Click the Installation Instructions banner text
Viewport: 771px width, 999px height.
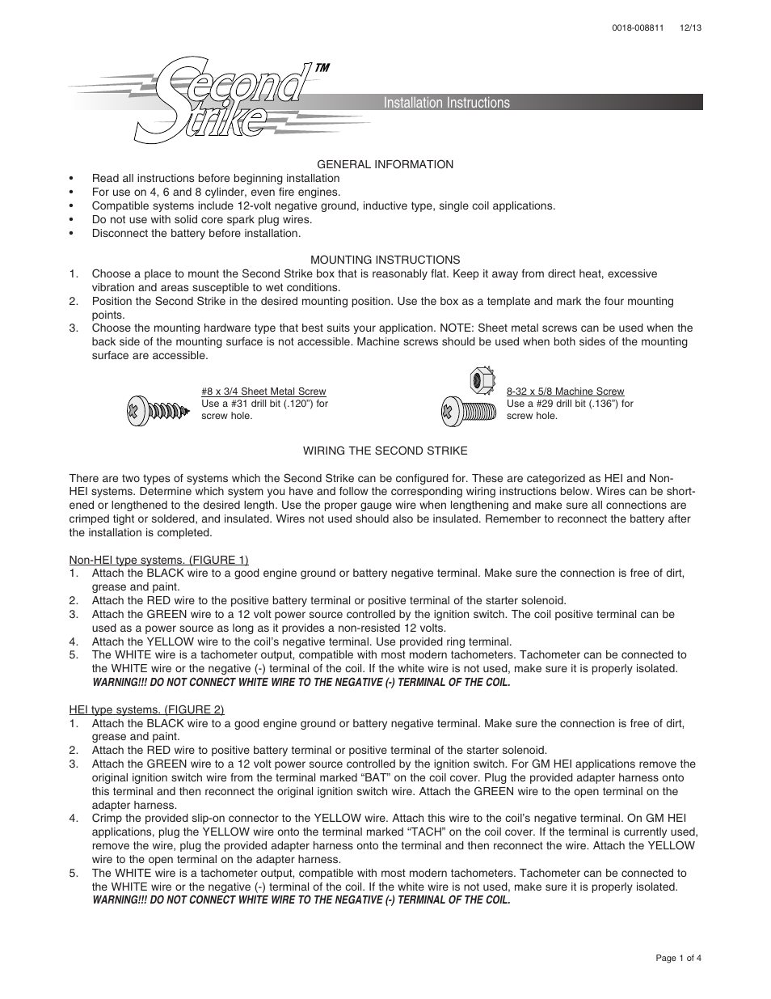[446, 103]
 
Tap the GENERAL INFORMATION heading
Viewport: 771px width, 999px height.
[385, 164]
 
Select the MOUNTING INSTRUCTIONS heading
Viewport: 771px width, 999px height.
[385, 260]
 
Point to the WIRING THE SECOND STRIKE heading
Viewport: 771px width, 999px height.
[385, 451]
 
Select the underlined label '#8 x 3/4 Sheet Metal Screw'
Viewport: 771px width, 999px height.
[263, 392]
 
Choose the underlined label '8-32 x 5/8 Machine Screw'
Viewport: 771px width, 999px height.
[565, 392]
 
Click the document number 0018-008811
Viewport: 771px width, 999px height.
[638, 27]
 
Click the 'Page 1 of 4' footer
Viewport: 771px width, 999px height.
[678, 958]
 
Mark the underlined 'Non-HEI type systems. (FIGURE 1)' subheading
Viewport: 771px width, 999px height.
[158, 560]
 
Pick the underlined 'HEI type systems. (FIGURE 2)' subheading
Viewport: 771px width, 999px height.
[146, 710]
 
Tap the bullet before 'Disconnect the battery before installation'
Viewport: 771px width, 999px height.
[72, 234]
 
